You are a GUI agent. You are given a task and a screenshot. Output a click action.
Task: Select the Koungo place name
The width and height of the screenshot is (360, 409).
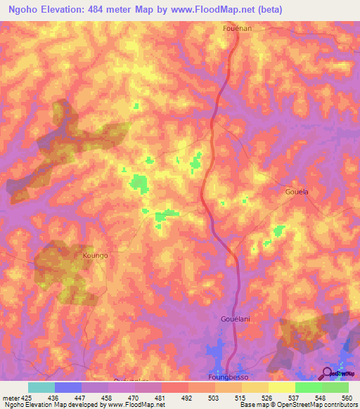pyautogui.click(x=96, y=256)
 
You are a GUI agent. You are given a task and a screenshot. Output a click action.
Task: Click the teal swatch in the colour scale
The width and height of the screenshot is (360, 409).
pyautogui.click(x=41, y=387)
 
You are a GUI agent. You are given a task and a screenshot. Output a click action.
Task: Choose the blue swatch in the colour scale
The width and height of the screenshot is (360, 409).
pyautogui.click(x=67, y=387)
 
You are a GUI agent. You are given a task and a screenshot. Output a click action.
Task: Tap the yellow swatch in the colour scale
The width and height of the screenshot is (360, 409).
pyautogui.click(x=281, y=387)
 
